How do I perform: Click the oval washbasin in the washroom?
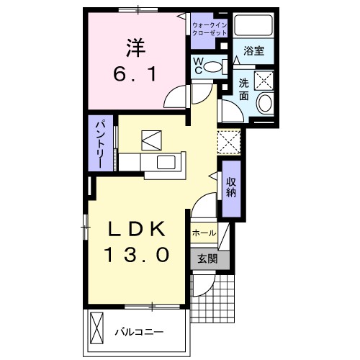click(265, 102)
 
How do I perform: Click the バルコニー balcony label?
click(140, 333)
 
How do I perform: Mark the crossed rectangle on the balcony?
click(99, 330)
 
